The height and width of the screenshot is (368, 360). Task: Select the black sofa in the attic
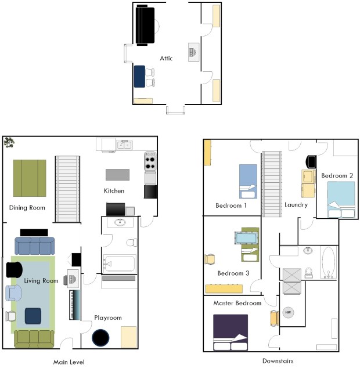(145, 26)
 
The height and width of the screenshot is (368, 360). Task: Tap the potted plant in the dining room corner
(9, 142)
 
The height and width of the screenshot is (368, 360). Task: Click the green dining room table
(30, 178)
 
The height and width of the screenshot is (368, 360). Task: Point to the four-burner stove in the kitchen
(150, 160)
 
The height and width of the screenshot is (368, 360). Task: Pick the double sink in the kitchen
(124, 145)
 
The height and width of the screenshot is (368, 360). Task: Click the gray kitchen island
(117, 174)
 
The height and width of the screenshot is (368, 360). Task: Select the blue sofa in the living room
(34, 246)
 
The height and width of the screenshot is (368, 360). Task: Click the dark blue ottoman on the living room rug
(32, 316)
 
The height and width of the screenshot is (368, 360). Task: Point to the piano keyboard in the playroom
(74, 305)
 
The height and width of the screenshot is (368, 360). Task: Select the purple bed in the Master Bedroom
(231, 333)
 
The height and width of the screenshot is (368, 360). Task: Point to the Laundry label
(296, 205)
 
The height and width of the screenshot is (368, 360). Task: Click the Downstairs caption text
(278, 361)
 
